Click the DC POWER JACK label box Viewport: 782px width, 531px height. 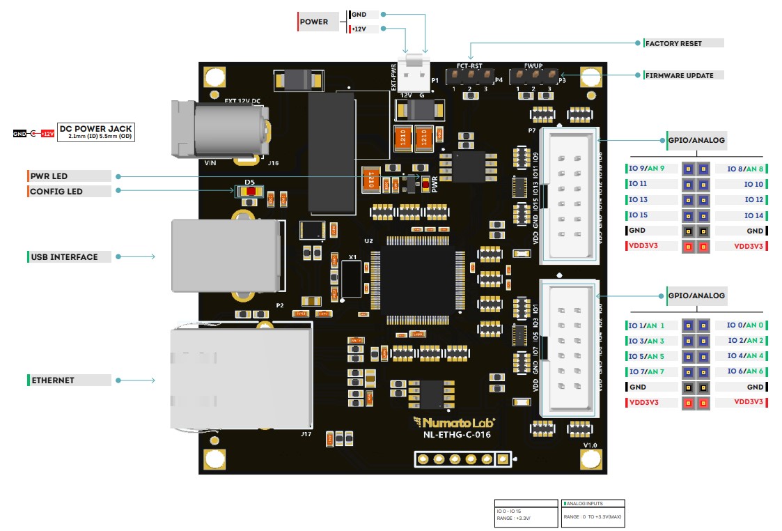point(95,132)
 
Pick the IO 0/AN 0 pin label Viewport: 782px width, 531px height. point(744,325)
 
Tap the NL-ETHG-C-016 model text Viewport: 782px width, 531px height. point(457,435)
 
